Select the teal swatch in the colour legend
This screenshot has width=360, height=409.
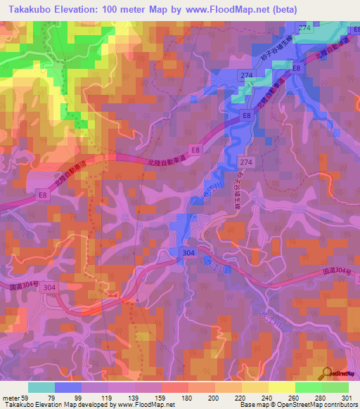pos(41,387)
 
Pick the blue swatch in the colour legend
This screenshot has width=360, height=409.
pos(68,387)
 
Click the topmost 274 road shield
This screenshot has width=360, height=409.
pos(304,27)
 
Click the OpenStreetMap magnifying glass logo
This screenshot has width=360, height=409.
pos(328,373)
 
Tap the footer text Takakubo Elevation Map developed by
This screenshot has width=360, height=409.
pos(51,405)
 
